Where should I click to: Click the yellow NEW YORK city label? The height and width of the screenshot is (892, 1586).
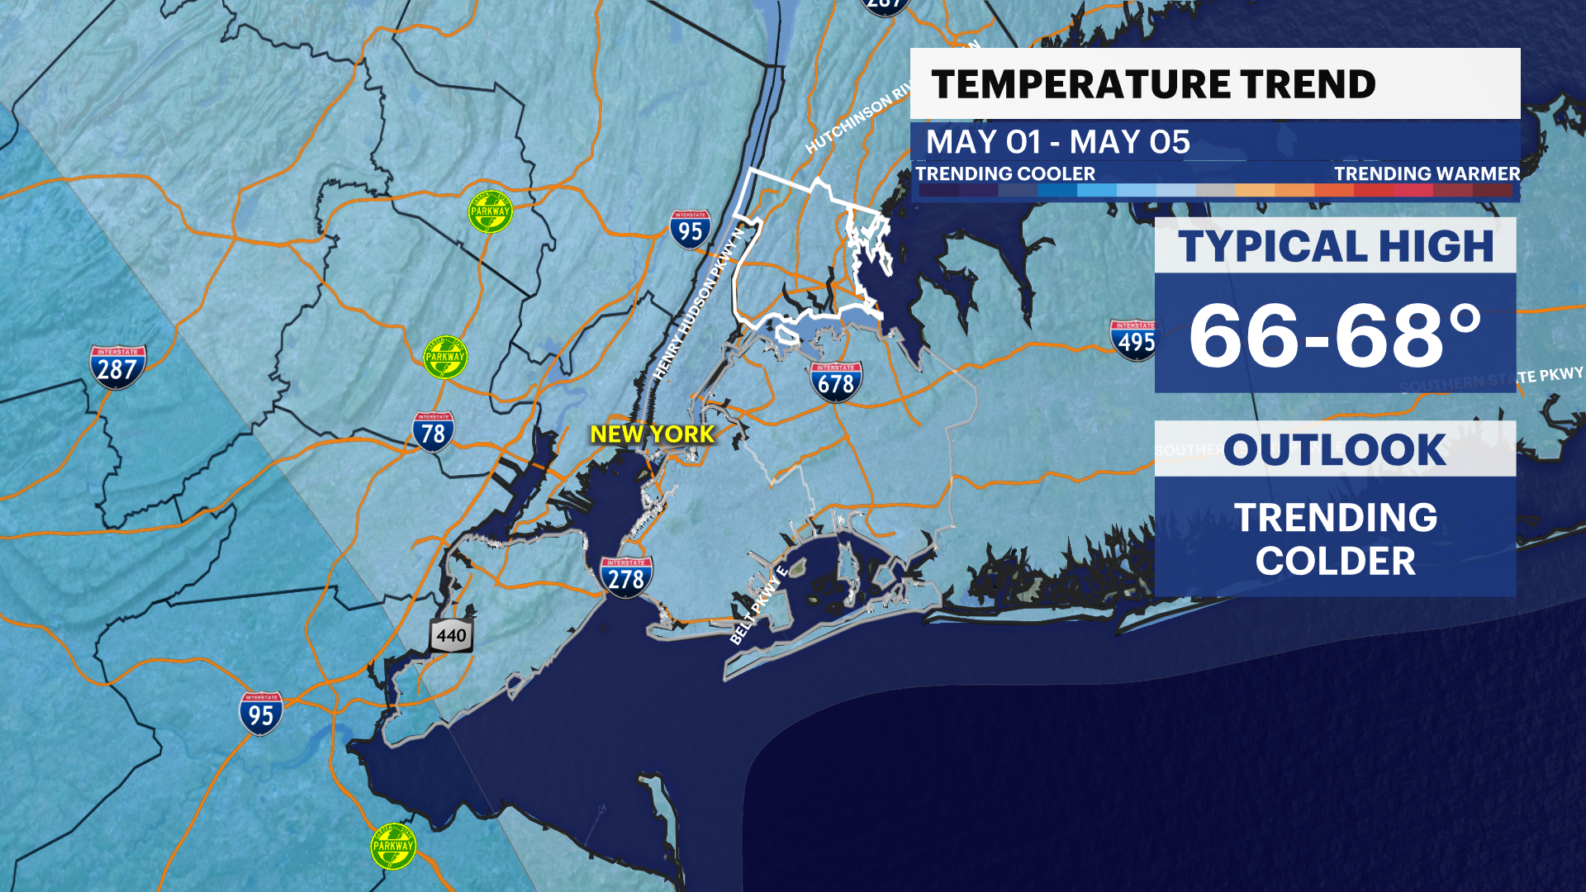pyautogui.click(x=652, y=434)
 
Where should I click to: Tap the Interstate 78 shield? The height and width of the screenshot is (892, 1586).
pyautogui.click(x=433, y=432)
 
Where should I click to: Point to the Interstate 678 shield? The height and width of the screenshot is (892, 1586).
pyautogui.click(x=836, y=382)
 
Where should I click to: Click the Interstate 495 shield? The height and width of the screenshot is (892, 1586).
pyautogui.click(x=1136, y=339)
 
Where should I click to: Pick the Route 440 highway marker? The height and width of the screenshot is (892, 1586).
pyautogui.click(x=451, y=636)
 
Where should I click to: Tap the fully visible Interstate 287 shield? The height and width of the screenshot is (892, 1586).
pyautogui.click(x=117, y=367)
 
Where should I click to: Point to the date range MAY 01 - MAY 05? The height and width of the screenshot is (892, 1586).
pyautogui.click(x=1057, y=142)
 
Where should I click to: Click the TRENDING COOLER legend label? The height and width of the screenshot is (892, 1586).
pyautogui.click(x=1004, y=173)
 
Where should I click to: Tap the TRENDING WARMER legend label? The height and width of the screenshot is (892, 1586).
pyautogui.click(x=1427, y=173)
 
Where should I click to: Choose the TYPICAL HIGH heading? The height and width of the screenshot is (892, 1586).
pyautogui.click(x=1335, y=246)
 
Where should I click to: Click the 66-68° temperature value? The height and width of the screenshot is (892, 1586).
pyautogui.click(x=1335, y=335)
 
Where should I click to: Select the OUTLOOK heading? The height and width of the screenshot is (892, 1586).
pyautogui.click(x=1335, y=450)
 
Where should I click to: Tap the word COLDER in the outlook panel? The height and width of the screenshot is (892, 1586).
pyautogui.click(x=1335, y=562)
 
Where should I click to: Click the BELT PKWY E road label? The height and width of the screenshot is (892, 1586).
pyautogui.click(x=758, y=605)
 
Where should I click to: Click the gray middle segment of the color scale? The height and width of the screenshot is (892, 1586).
pyautogui.click(x=1215, y=190)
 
